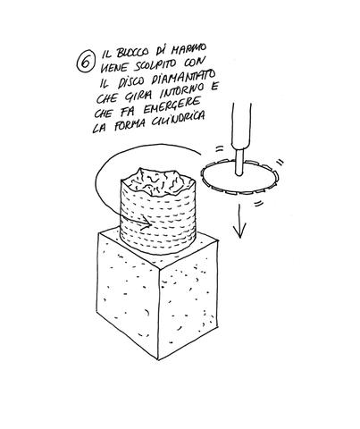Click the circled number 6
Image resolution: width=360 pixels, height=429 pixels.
(x=86, y=62)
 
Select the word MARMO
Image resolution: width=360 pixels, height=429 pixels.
(x=190, y=49)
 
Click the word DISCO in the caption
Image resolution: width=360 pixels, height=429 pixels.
(x=132, y=81)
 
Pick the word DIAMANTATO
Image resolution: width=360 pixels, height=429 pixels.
(x=184, y=78)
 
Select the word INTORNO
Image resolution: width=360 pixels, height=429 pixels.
(x=178, y=91)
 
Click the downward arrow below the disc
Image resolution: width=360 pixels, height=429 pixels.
(x=239, y=222)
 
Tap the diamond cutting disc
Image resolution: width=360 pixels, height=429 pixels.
(x=240, y=178)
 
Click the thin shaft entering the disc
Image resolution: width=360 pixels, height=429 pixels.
(x=239, y=162)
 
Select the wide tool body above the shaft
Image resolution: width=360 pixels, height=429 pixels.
(x=241, y=126)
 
